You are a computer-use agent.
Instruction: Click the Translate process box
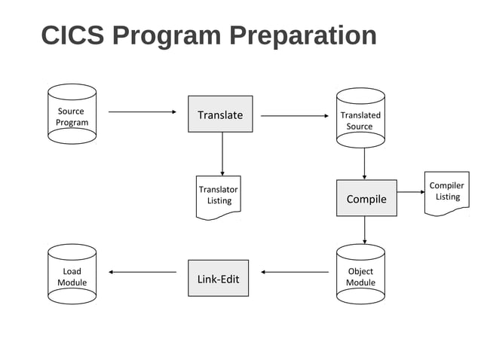pyautogui.click(x=220, y=114)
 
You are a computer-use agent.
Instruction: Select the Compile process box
pyautogui.click(x=366, y=198)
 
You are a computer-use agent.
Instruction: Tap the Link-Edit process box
pyautogui.click(x=218, y=278)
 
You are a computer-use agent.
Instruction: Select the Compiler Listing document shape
pyautogui.click(x=447, y=192)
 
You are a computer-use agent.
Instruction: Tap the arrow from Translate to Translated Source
pyautogui.click(x=294, y=116)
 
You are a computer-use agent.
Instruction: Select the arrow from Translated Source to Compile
pyautogui.click(x=365, y=163)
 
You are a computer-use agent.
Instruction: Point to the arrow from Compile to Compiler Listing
pyautogui.click(x=411, y=192)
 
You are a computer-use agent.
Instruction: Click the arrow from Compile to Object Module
pyautogui.click(x=365, y=230)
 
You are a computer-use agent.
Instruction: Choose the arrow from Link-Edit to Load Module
pyautogui.click(x=142, y=272)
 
